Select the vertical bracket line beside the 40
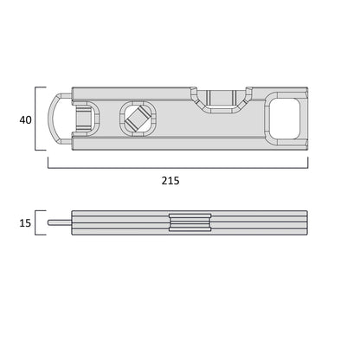click(36, 119)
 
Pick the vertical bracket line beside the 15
click(36, 223)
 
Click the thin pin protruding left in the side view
click(59, 223)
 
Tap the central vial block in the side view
click(190, 223)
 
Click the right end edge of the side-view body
click(307, 223)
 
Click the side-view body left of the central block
click(121, 223)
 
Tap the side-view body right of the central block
click(260, 223)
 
